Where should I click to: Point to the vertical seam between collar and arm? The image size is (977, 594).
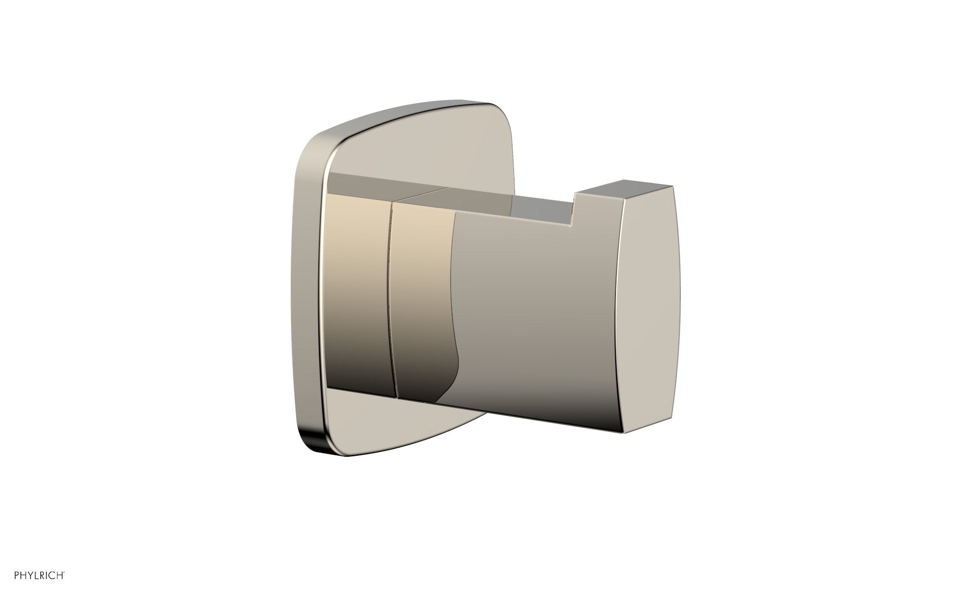[390, 305]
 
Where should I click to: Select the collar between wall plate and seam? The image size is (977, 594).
[356, 295]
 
